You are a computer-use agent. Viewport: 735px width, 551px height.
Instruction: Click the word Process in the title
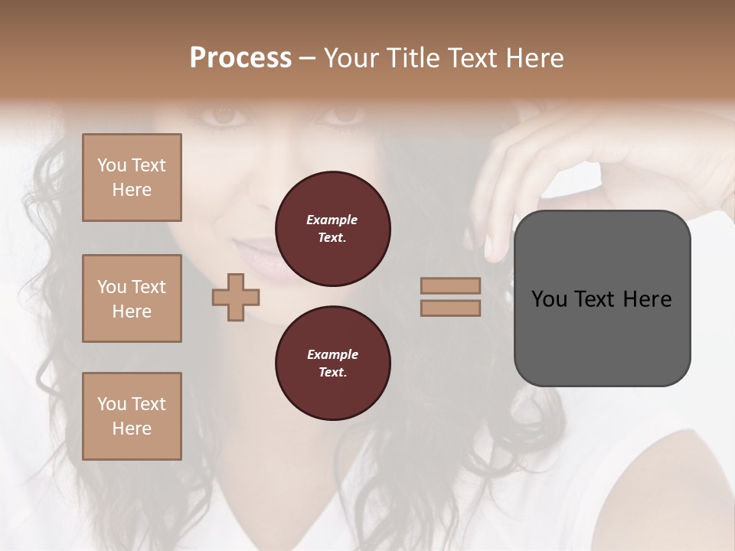tap(240, 58)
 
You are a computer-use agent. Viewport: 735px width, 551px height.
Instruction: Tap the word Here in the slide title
tap(533, 58)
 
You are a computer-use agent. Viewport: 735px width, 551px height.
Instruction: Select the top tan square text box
tap(132, 178)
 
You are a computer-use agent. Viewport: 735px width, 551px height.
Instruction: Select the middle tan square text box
tap(132, 298)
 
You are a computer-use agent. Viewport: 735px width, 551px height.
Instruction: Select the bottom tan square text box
tap(132, 416)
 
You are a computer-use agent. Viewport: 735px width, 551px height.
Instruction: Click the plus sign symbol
tap(235, 297)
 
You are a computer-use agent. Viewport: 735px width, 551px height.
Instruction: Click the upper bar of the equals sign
tap(450, 285)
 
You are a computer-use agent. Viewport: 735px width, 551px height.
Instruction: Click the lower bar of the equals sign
tap(450, 308)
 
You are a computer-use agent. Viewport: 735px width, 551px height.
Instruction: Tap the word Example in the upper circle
tap(332, 220)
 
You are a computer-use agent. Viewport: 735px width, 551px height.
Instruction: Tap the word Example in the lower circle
tap(332, 354)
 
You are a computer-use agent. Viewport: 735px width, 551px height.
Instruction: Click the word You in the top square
tap(112, 165)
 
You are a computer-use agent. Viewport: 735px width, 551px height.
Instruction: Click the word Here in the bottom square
tap(132, 429)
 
